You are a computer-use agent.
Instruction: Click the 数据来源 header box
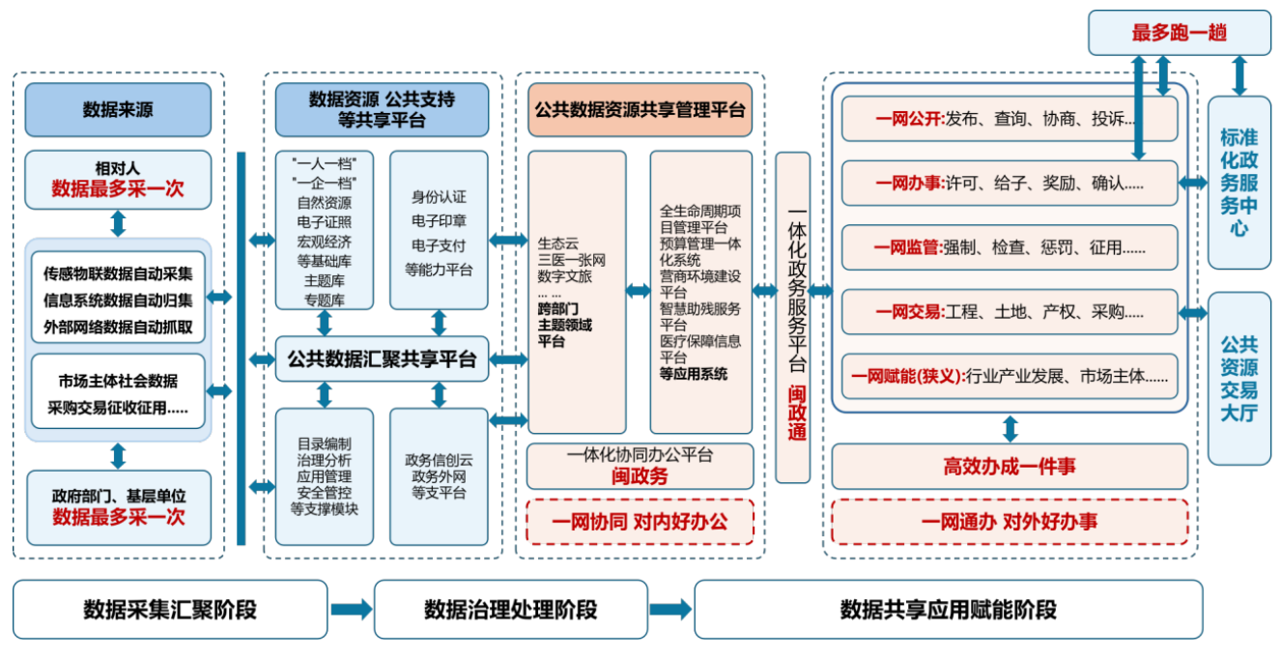pos(117,110)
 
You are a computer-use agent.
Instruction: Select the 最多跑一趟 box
pos(1179,33)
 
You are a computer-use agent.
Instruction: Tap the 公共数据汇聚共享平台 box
pos(382,359)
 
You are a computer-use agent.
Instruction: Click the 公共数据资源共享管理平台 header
pos(640,110)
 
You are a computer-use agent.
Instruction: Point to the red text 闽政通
pos(796,414)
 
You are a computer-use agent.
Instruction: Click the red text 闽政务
pos(639,475)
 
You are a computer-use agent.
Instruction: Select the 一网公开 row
pos(1009,119)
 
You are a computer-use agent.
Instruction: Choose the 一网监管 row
pos(1009,247)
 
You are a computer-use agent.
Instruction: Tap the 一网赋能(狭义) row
pos(1009,376)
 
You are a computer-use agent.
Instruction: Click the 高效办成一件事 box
pos(1009,467)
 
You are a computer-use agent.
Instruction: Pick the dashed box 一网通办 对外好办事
pos(1009,522)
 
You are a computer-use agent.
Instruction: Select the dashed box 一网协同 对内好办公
pos(639,522)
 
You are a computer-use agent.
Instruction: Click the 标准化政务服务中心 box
pos(1238,183)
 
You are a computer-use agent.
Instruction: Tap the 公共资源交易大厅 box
pos(1238,379)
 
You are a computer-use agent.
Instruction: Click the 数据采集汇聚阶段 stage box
pos(170,610)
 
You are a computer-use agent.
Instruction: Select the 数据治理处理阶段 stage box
pos(510,610)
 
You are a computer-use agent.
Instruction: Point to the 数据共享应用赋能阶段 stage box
pos(948,610)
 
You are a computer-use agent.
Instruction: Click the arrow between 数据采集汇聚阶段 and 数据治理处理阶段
pos(351,610)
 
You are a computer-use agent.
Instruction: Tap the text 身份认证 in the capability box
pos(439,197)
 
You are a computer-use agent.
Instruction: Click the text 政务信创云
pos(439,461)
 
